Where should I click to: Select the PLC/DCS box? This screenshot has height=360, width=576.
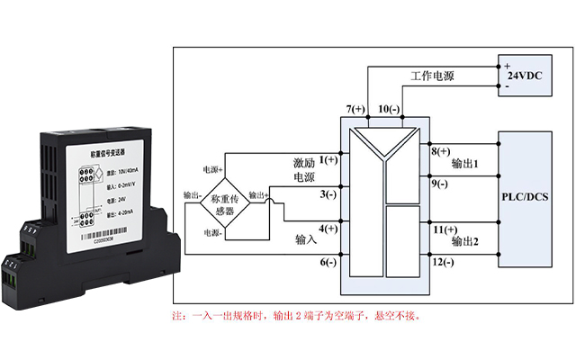pyautogui.click(x=524, y=195)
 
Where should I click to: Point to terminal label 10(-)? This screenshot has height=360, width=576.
pyautogui.click(x=389, y=110)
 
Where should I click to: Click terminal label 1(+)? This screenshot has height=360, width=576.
pyautogui.click(x=328, y=159)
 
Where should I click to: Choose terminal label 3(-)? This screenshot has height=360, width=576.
pyautogui.click(x=328, y=193)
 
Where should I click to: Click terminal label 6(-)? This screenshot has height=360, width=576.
pyautogui.click(x=328, y=262)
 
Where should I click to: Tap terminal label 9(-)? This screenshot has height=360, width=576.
pyautogui.click(x=442, y=184)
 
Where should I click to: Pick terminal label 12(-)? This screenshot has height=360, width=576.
pyautogui.click(x=445, y=262)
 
